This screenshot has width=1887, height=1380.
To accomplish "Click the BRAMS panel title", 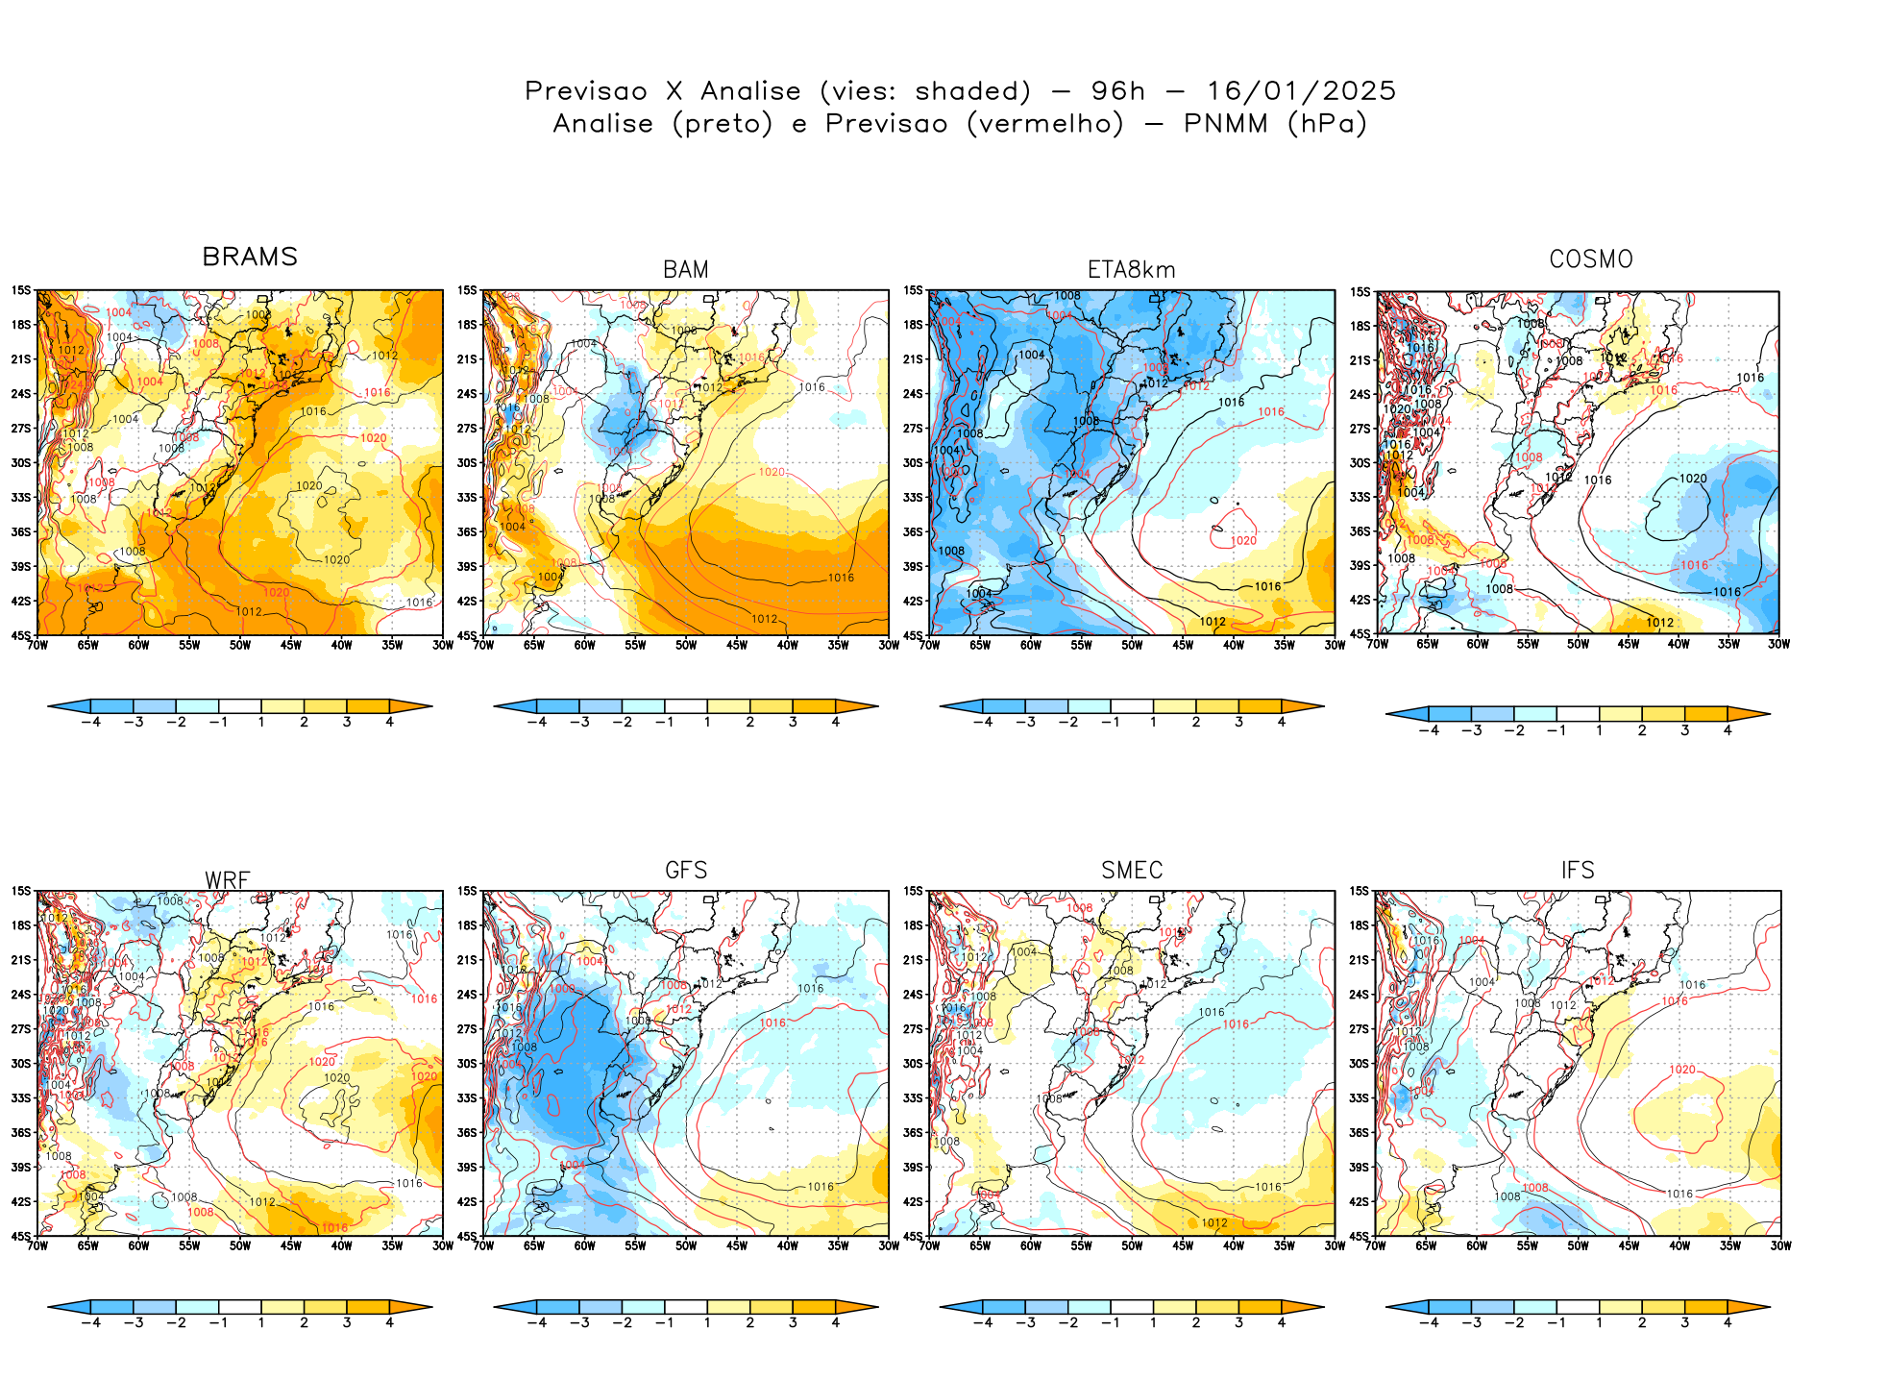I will [250, 258].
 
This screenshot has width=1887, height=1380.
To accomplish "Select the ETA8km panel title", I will [1131, 270].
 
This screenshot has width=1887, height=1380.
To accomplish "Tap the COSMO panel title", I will [1590, 259].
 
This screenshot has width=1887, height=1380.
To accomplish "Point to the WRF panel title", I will [228, 880].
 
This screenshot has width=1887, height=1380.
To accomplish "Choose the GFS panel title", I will [686, 871].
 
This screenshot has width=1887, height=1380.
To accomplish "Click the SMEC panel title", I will [1132, 871].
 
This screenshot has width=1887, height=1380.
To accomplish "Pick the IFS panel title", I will [1578, 871].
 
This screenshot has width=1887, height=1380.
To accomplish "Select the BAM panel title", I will [686, 270].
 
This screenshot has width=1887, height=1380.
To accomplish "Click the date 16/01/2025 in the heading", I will [1301, 91].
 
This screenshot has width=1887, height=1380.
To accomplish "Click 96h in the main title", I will [1117, 91].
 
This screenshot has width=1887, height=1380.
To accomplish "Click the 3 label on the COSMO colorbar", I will [1684, 730].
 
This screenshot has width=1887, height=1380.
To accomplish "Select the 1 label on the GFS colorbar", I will [707, 1323].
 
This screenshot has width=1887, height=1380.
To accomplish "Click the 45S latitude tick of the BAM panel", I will [467, 636].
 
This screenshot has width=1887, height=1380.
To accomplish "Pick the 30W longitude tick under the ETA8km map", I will [1335, 645].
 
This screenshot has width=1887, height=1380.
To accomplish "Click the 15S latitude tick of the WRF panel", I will [21, 892].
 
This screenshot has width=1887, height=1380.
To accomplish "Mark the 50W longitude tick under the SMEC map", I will [1132, 1246].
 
